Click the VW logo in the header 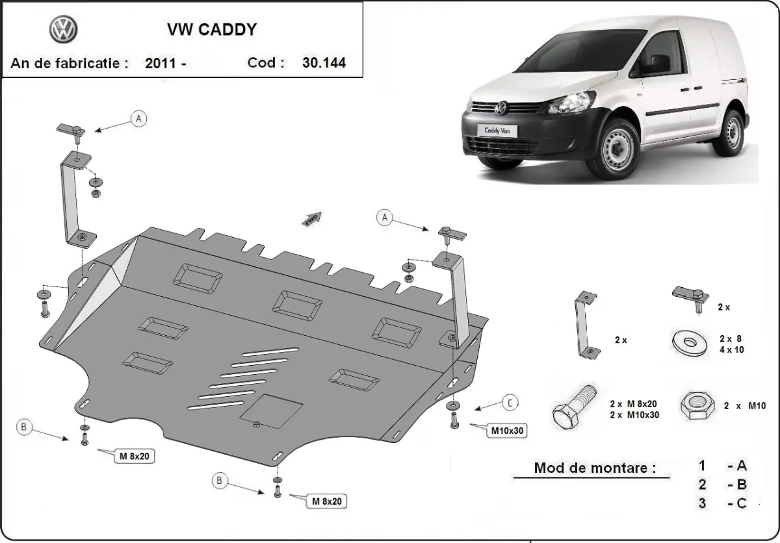63,30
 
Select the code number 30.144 324,63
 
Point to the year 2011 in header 161,63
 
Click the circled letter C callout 511,403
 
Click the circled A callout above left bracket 139,118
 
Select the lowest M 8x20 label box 326,501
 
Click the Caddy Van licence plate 498,129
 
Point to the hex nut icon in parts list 695,405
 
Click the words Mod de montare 595,468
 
